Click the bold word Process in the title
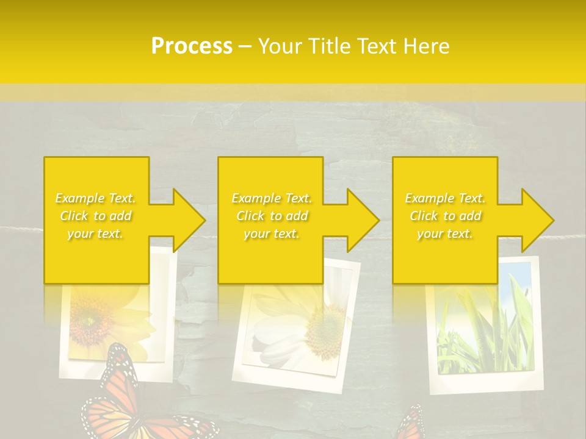point(192,46)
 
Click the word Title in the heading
point(327,46)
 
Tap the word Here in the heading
point(427,46)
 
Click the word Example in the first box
point(79,198)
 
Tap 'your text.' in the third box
point(444,234)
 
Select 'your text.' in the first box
point(95,234)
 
